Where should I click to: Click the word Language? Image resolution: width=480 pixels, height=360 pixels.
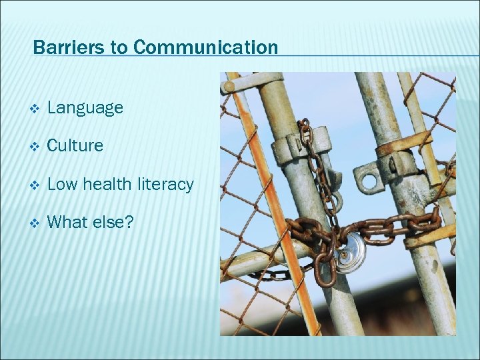85,107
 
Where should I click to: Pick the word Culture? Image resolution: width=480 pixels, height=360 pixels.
75,145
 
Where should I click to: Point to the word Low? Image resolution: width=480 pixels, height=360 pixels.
62,184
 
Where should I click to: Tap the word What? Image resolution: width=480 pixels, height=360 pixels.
69,222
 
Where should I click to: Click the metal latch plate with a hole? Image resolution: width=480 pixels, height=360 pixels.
370,177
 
